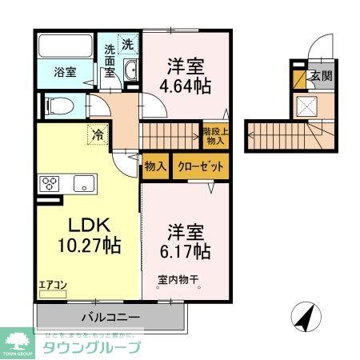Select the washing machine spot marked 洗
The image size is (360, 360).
pos(128,44)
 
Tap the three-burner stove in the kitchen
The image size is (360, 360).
pos(49,183)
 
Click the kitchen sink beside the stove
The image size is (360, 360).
pos(83,184)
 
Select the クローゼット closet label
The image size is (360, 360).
pos(199,166)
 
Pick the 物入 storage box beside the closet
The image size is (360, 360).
pos(156,166)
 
